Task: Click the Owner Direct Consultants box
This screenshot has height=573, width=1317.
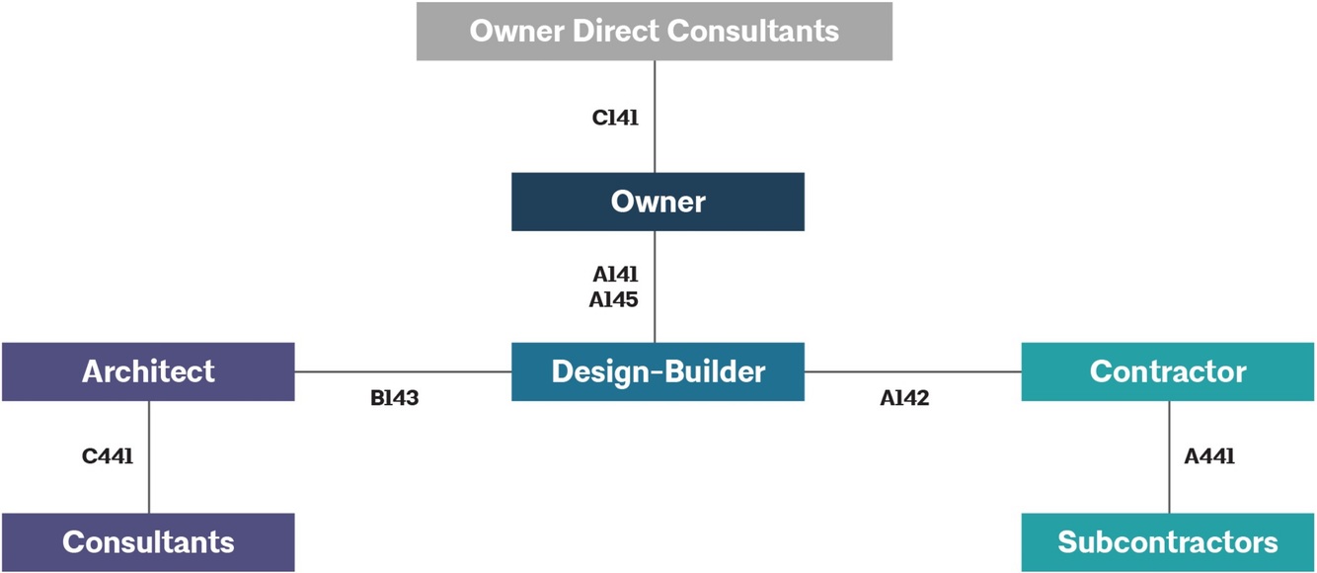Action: click(654, 31)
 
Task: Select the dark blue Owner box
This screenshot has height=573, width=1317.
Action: click(658, 202)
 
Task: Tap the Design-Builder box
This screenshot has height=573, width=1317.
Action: click(658, 371)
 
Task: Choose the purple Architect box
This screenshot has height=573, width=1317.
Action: click(148, 371)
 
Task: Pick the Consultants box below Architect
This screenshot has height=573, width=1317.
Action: click(148, 541)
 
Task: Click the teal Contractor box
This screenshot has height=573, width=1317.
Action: click(1168, 371)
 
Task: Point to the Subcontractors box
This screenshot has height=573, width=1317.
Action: click(1168, 541)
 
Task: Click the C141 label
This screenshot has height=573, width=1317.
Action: click(615, 118)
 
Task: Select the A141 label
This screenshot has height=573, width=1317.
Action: click(615, 275)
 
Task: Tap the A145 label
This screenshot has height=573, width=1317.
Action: click(614, 299)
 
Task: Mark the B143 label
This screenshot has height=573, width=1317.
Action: click(395, 400)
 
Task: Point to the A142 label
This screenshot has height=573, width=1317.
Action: click(904, 400)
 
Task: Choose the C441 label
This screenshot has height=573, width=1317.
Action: click(108, 456)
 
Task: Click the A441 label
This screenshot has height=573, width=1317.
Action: click(1209, 456)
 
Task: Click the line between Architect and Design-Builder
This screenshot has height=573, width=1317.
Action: click(403, 372)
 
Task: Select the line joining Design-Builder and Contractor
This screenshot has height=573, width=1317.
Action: click(912, 372)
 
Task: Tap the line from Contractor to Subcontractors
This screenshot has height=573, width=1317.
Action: click(1169, 484)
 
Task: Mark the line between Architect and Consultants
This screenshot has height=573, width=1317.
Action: click(149, 484)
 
